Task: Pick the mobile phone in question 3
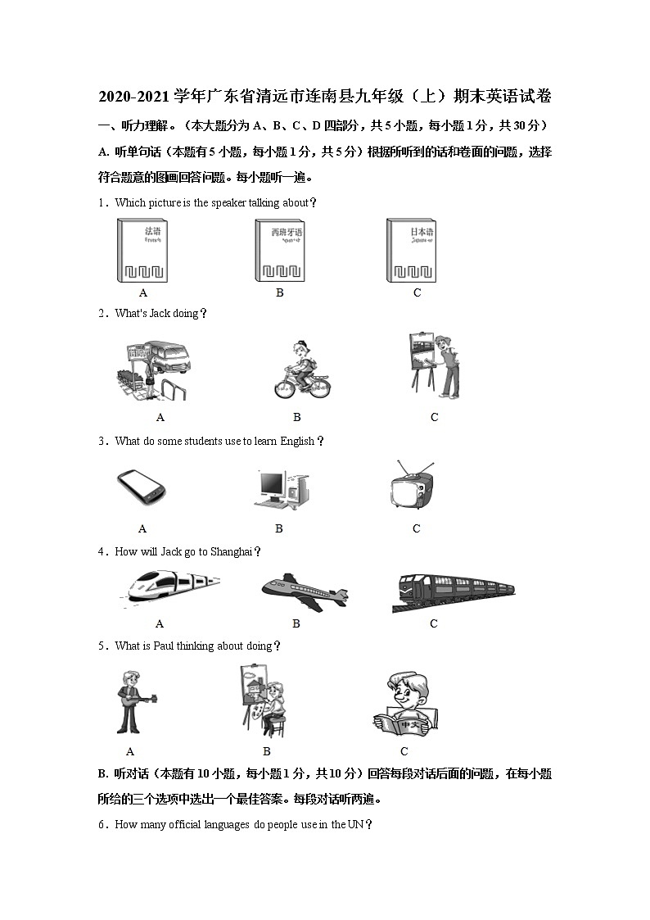[x=142, y=488]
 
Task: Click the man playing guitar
[x=132, y=700]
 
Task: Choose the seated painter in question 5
[x=269, y=700]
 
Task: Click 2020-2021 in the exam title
[x=136, y=97]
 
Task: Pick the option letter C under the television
[x=416, y=529]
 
